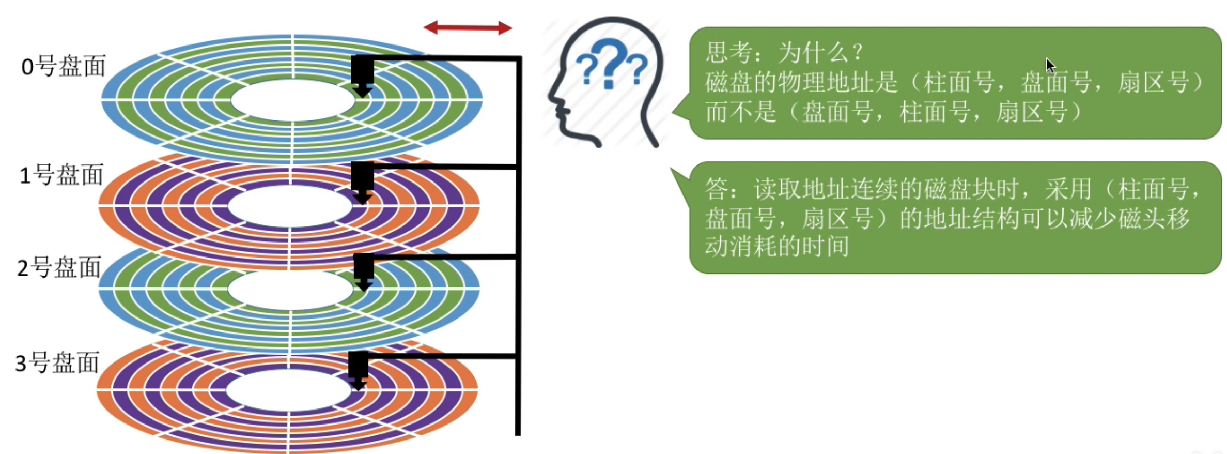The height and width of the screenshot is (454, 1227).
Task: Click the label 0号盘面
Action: point(63,67)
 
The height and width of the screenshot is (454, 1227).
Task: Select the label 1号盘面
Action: point(61,175)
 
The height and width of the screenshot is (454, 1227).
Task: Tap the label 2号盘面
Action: point(58,268)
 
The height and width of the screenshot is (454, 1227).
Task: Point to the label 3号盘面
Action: point(57,363)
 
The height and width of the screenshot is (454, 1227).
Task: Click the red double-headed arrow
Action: point(468,28)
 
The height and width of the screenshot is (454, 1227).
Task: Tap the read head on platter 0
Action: point(363,75)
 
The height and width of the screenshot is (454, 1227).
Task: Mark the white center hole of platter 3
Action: point(288,390)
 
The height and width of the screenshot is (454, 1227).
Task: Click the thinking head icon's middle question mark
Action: point(610,65)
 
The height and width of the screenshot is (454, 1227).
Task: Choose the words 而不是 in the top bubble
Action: point(741,112)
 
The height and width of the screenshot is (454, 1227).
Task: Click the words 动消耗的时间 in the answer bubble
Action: point(777,246)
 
